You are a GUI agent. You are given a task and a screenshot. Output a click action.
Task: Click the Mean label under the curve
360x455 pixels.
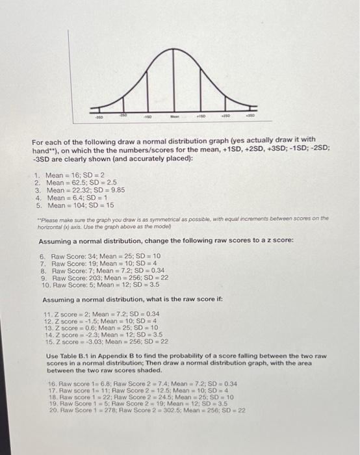coord(174,119)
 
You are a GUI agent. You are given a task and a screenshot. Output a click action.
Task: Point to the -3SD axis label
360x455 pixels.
coord(98,119)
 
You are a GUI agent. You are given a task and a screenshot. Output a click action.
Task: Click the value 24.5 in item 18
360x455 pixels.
coord(166,396)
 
